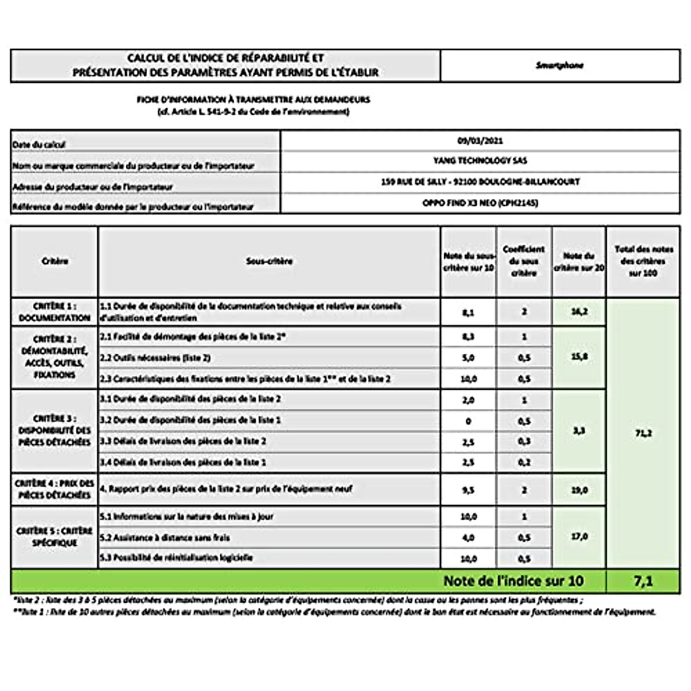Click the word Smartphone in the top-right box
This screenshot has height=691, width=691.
(x=560, y=66)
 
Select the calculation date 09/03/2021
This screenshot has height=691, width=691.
(x=480, y=141)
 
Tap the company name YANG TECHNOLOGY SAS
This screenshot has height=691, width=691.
(x=480, y=161)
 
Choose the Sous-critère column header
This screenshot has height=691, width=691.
(x=269, y=261)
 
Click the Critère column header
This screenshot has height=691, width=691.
(x=55, y=261)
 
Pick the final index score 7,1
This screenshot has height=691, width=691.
(x=643, y=581)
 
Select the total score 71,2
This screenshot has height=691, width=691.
(x=643, y=433)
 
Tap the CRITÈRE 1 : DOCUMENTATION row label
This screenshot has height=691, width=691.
(x=55, y=312)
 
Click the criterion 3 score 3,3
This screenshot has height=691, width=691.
(x=579, y=431)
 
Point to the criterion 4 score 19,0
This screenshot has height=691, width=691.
(x=579, y=490)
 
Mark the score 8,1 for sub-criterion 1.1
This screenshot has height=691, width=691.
(x=468, y=312)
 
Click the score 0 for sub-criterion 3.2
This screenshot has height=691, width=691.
(x=468, y=421)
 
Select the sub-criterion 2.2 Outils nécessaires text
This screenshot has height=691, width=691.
(x=155, y=358)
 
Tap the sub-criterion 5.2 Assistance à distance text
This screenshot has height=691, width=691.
(x=164, y=537)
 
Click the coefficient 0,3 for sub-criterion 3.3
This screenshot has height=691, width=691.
(x=524, y=442)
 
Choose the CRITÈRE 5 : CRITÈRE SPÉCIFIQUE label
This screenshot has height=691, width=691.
(x=55, y=537)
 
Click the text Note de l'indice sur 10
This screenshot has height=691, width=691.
(x=513, y=581)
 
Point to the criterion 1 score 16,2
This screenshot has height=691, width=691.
(x=579, y=312)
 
